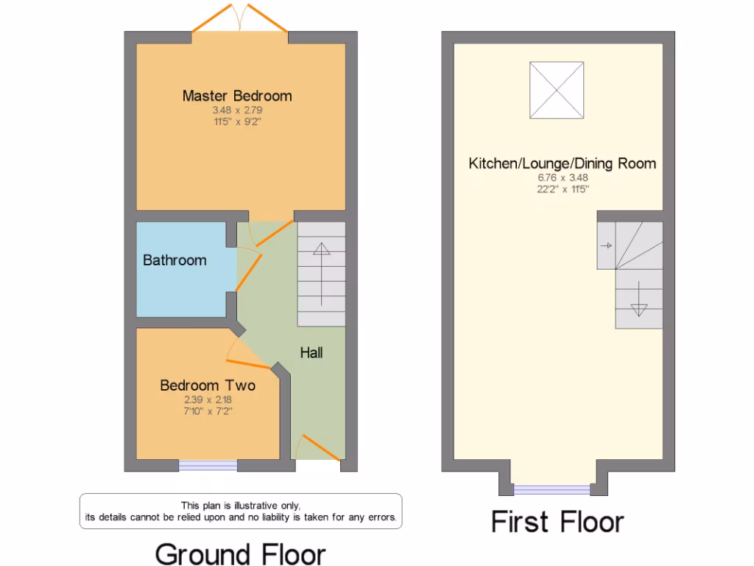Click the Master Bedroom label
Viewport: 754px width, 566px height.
point(237,96)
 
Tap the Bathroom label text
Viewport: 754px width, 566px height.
point(175,260)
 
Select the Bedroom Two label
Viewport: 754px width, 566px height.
point(208,385)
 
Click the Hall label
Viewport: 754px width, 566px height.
point(311,352)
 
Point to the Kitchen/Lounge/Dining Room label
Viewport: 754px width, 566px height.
point(562,163)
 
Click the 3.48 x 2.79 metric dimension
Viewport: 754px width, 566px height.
point(237,111)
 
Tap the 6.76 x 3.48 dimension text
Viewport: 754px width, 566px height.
point(562,178)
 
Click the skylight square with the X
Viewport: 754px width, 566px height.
point(557,90)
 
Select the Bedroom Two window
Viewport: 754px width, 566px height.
point(208,465)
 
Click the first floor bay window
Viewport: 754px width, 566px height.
point(552,489)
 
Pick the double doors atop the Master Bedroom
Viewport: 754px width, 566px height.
point(239,18)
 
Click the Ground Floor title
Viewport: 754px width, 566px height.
point(240,553)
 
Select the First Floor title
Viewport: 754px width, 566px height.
point(557,522)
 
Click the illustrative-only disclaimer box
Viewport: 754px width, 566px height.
point(240,511)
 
